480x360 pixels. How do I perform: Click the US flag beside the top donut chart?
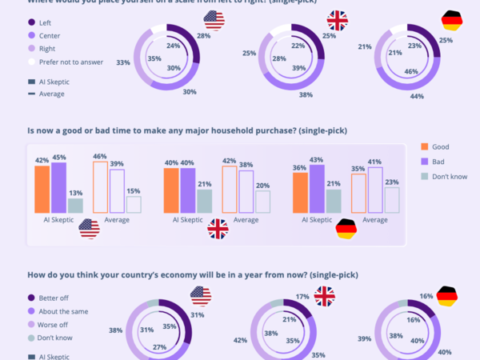pyautogui.click(x=214, y=19)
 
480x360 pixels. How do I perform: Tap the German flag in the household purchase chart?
pyautogui.click(x=346, y=229)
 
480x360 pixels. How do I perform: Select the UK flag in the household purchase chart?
pyautogui.click(x=218, y=229)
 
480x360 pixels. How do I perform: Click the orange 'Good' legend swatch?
pyautogui.click(x=425, y=147)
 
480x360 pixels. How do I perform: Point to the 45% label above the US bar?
pyautogui.click(x=58, y=157)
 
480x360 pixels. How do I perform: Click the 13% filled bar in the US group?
pyautogui.click(x=75, y=206)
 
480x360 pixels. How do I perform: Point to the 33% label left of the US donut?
pyautogui.click(x=122, y=62)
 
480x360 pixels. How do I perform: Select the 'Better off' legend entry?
pyautogui.click(x=54, y=298)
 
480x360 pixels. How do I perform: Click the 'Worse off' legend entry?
pyautogui.click(x=54, y=325)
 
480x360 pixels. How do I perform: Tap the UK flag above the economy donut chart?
pyautogui.click(x=324, y=296)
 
